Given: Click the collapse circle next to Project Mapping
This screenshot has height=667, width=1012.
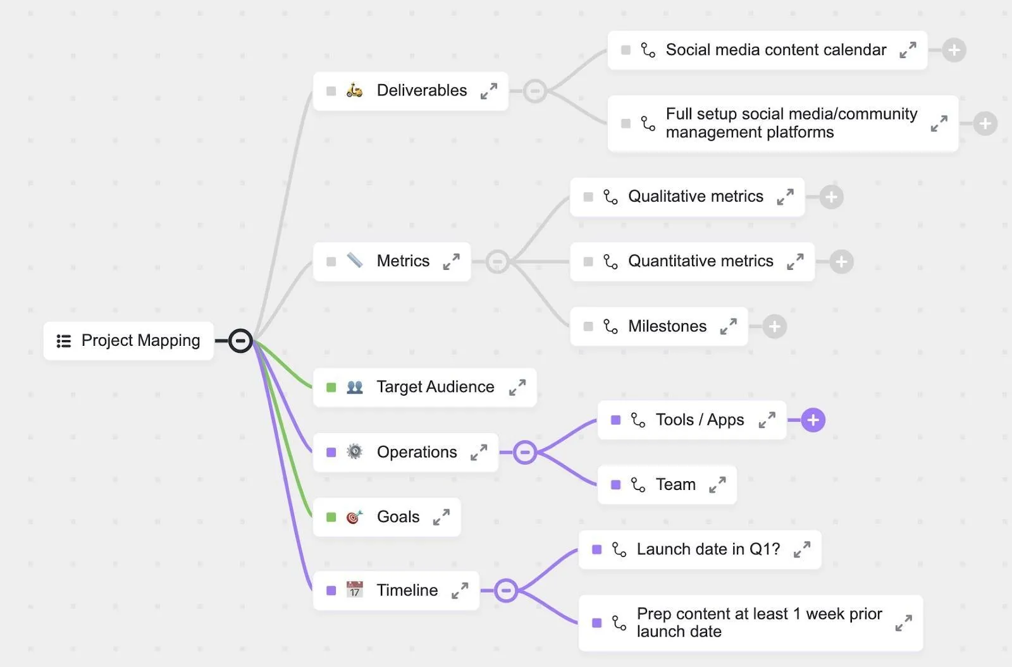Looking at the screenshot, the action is [x=240, y=341].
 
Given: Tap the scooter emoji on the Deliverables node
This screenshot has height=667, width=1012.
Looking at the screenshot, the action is [x=355, y=90].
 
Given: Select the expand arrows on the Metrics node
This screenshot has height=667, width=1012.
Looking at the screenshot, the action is [x=452, y=262].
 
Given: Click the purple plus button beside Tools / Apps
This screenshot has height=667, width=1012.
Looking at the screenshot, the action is [x=813, y=420].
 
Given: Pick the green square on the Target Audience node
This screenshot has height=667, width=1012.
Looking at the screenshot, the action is [x=331, y=388].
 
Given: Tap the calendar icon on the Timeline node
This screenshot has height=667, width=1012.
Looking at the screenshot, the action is [x=355, y=589].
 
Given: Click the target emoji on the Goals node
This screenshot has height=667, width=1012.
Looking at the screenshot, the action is [x=355, y=517].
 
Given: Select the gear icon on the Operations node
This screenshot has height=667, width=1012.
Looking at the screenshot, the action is [x=355, y=451].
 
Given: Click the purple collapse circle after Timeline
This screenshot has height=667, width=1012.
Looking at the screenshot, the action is [x=506, y=591].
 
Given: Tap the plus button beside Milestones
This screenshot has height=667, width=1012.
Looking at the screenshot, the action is [x=774, y=326].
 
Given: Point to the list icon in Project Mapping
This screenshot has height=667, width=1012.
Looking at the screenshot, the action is [x=64, y=341].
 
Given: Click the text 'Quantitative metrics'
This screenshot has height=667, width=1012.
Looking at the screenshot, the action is [x=701, y=261].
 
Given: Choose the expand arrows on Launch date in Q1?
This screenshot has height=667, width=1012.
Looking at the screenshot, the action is [x=802, y=549].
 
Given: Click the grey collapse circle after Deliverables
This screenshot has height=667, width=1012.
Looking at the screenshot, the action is [x=535, y=91].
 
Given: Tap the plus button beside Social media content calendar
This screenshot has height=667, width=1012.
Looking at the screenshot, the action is [x=954, y=50].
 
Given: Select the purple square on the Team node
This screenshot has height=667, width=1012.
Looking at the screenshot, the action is [x=615, y=485].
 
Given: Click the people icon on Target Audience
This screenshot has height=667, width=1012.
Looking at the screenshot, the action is [x=355, y=387].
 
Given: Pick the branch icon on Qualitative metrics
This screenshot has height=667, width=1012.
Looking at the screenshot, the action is [x=610, y=197].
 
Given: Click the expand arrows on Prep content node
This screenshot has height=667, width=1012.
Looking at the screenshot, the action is [x=904, y=623].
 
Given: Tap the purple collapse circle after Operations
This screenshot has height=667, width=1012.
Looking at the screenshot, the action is [x=524, y=452].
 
